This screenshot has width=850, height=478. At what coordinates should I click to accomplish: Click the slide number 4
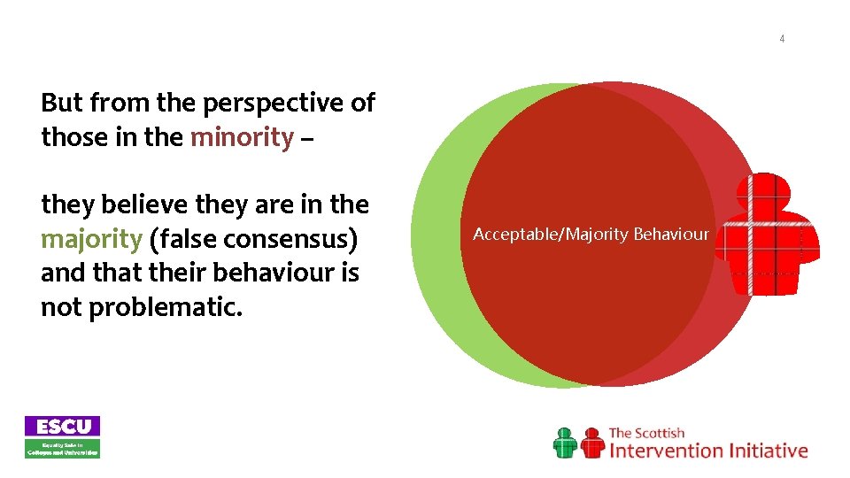782,39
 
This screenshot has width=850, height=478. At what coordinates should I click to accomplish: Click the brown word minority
242,137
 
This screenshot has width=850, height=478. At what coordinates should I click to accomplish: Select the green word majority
91,238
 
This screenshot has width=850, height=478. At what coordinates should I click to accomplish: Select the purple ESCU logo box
62,426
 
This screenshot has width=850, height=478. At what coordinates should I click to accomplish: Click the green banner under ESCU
62,449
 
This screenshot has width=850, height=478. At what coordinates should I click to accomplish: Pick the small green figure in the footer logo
565,443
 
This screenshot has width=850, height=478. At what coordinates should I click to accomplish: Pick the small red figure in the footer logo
591,443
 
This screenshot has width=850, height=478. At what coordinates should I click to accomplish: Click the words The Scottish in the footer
646,433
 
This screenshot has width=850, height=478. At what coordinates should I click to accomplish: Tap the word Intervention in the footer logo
666,451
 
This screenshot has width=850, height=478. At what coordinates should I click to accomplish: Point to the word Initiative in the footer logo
769,451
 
